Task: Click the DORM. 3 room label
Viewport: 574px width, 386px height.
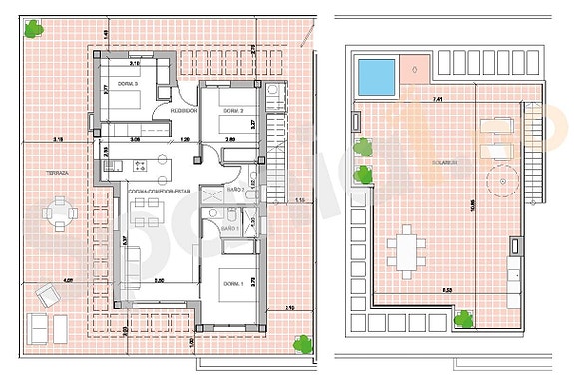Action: (127, 84)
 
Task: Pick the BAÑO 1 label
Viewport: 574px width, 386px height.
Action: (228, 229)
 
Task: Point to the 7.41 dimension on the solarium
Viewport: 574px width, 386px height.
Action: (437, 100)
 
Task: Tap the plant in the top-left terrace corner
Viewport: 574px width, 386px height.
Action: (36, 29)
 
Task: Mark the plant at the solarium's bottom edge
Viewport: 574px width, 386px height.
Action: (463, 319)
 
